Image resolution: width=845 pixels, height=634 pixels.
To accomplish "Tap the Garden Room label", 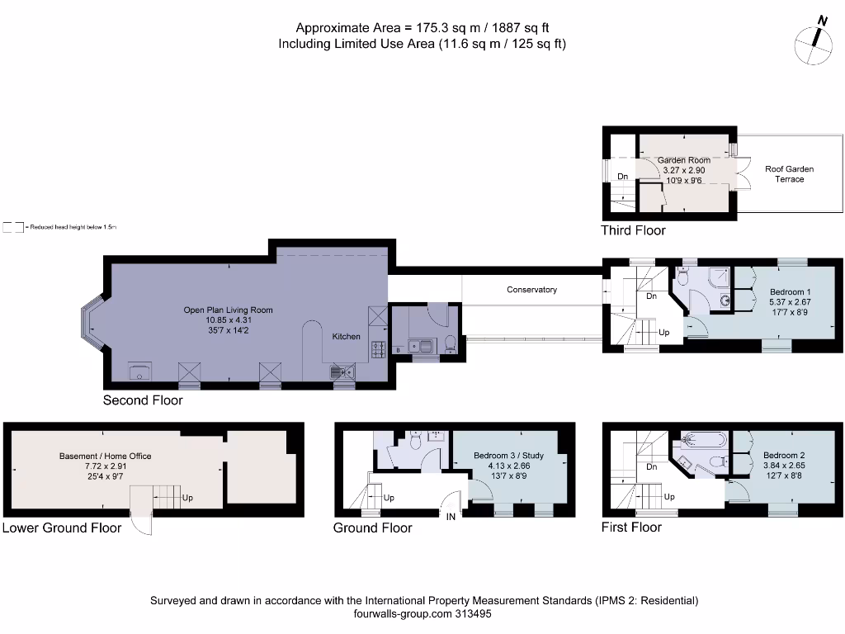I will (x=683, y=160).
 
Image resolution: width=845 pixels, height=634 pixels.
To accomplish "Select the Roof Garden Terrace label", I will (x=789, y=173).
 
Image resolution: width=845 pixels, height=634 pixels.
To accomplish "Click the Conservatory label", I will (x=531, y=290).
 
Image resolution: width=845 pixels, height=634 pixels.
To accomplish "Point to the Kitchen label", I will (x=346, y=337).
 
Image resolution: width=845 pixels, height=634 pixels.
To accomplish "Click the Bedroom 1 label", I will (x=790, y=292).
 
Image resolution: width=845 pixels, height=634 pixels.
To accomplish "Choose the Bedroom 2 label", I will (x=783, y=456).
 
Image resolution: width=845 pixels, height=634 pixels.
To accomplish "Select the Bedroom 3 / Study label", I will (x=508, y=456).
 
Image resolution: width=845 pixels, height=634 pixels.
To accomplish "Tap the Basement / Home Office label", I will (x=105, y=456).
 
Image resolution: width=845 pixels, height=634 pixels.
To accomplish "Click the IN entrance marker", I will (x=451, y=518).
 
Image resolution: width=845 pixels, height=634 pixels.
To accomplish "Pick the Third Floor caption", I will (x=633, y=230).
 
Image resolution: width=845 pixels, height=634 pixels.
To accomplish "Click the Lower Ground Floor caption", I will (x=61, y=528).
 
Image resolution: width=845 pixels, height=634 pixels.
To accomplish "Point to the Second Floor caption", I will (x=143, y=400).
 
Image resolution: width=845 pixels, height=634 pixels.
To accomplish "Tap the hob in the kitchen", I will (x=378, y=350).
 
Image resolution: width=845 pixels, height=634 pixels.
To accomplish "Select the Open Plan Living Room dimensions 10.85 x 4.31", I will (x=228, y=320).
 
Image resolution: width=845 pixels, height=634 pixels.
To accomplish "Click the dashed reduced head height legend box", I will (x=12, y=226).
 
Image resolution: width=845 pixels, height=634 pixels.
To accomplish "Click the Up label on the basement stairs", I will (x=187, y=499).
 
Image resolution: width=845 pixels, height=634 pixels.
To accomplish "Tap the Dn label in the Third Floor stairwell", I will (x=622, y=177).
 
